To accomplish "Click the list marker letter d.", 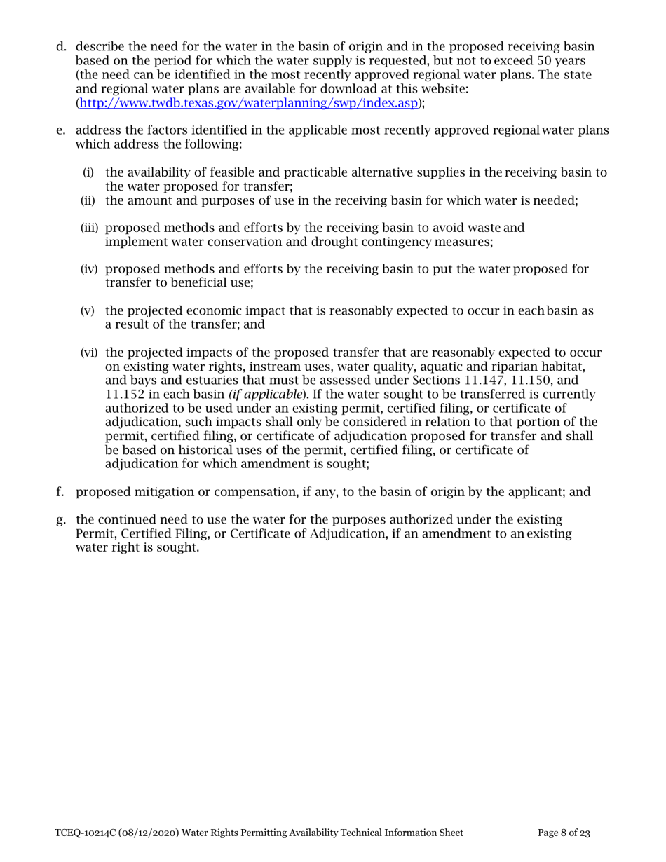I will click(x=61, y=48).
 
